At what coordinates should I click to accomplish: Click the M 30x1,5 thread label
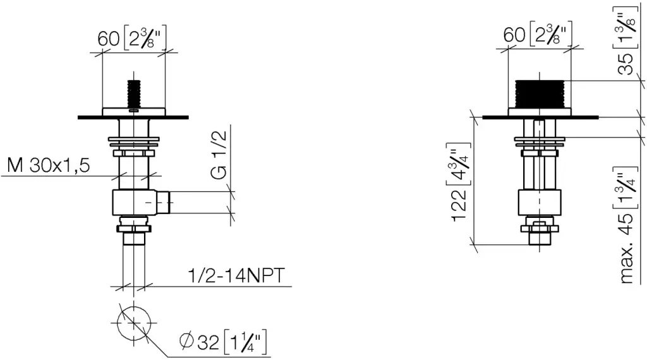click(49, 166)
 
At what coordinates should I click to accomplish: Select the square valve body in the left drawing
click(133, 202)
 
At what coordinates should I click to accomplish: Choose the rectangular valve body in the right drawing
click(539, 202)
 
